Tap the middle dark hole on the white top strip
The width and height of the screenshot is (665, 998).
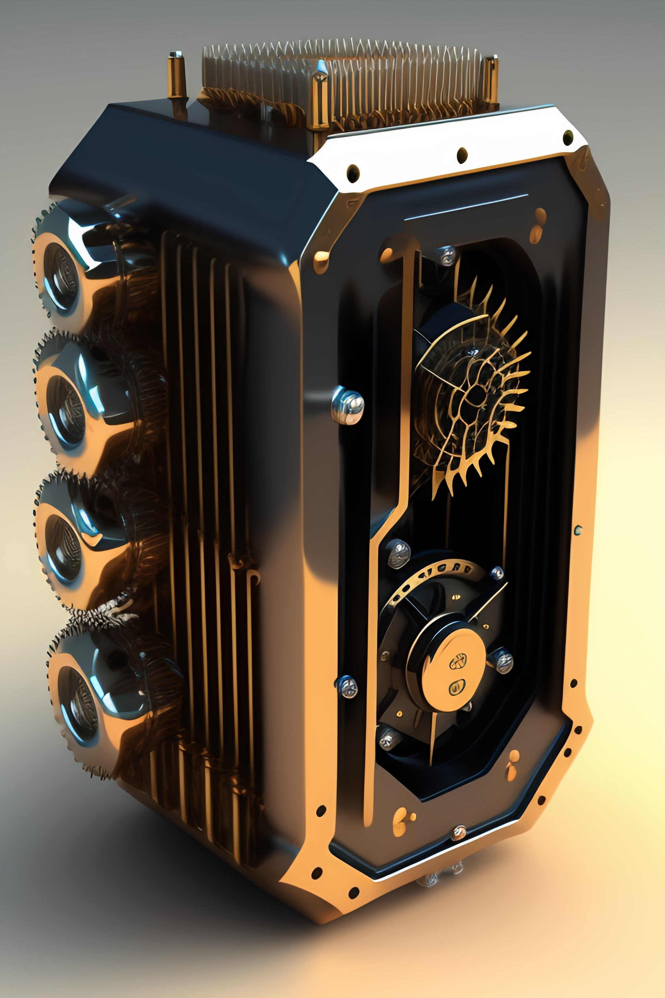(x=462, y=155)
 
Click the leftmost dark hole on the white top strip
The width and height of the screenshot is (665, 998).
(x=353, y=173)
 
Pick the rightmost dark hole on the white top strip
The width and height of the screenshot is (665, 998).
(x=568, y=137)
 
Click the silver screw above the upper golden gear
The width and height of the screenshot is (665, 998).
(x=446, y=255)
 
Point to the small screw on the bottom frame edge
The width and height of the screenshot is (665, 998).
(x=459, y=833)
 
